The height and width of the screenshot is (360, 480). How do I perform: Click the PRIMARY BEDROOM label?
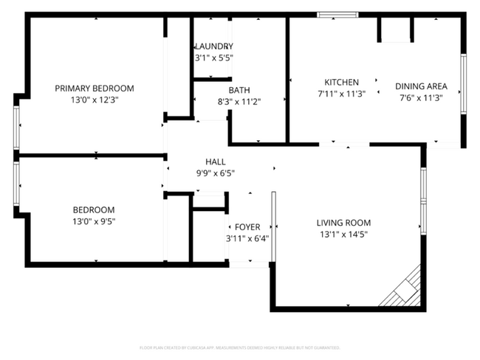pyautogui.click(x=95, y=89)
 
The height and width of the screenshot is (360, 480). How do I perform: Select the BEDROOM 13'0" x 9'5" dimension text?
pyautogui.click(x=94, y=221)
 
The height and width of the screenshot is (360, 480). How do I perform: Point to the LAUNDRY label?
pyautogui.click(x=213, y=46)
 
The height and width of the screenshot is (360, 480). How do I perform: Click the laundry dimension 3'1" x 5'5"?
pyautogui.click(x=213, y=58)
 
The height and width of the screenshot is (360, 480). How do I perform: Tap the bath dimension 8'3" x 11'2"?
pyautogui.click(x=239, y=102)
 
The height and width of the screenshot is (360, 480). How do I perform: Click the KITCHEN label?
pyautogui.click(x=342, y=82)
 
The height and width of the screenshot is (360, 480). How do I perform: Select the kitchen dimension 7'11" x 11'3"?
pyautogui.click(x=342, y=94)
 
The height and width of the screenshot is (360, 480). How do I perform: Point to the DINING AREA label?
pyautogui.click(x=421, y=86)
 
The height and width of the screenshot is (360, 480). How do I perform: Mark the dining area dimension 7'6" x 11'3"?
pyautogui.click(x=421, y=97)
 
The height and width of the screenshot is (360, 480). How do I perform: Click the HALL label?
pyautogui.click(x=216, y=162)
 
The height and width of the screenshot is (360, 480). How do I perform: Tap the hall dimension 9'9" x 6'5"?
pyautogui.click(x=216, y=173)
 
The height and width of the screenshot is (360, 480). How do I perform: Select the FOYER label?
pyautogui.click(x=247, y=227)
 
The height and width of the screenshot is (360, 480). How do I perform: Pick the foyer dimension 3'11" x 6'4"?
pyautogui.click(x=247, y=238)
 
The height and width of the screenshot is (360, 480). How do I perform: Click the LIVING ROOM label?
pyautogui.click(x=343, y=223)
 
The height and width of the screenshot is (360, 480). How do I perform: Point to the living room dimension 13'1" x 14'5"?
pyautogui.click(x=343, y=235)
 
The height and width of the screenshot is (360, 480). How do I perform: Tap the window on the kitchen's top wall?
pyautogui.click(x=337, y=14)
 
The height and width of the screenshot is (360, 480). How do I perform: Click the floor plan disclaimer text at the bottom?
pyautogui.click(x=239, y=347)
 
